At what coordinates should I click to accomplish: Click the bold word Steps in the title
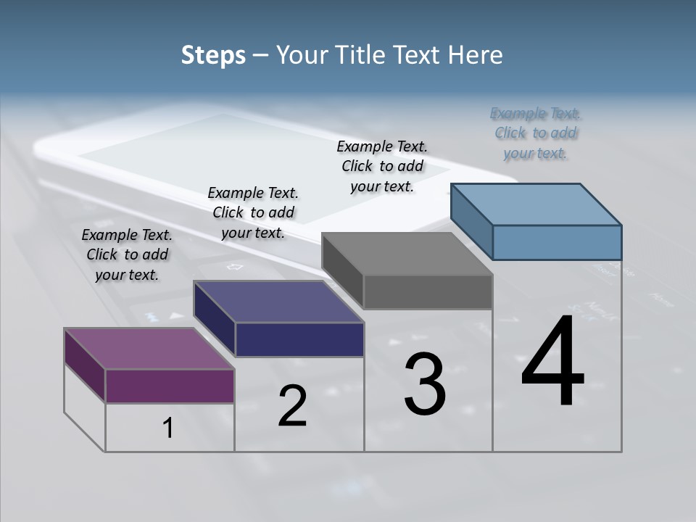click(x=213, y=55)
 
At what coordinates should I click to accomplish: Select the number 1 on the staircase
click(x=167, y=428)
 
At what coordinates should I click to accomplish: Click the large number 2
click(x=292, y=406)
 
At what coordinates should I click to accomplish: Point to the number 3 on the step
click(x=425, y=384)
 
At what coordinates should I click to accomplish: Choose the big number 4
click(x=552, y=362)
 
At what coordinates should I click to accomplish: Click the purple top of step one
click(x=149, y=348)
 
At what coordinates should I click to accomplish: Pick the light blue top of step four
click(x=536, y=204)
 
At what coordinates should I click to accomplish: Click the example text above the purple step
click(x=127, y=254)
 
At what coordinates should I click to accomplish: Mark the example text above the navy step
click(x=253, y=212)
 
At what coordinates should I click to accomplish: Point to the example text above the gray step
click(x=382, y=166)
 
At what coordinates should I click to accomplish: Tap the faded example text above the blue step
click(x=536, y=133)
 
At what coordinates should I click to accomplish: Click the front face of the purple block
click(x=170, y=386)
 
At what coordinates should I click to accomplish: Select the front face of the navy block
click(x=299, y=339)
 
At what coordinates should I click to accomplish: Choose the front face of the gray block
click(x=428, y=292)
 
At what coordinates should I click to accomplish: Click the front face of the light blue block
click(x=557, y=242)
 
